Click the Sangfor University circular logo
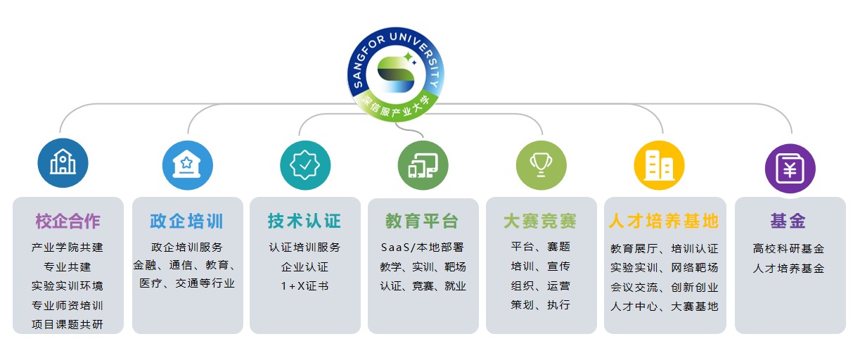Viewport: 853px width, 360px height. (396, 75)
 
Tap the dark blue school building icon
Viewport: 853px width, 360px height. (63, 162)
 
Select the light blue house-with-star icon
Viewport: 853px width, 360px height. (187, 165)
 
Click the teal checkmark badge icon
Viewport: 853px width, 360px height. (305, 165)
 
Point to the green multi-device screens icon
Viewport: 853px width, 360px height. (423, 165)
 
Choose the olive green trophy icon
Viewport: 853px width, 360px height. (541, 165)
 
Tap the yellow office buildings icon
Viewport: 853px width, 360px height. (659, 165)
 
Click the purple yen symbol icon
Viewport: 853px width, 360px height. (790, 168)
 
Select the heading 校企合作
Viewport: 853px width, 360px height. (68, 221)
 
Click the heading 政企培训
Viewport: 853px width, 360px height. (186, 221)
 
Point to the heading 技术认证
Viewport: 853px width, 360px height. (304, 221)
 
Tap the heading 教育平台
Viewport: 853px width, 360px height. (422, 221)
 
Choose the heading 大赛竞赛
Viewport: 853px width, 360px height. (540, 221)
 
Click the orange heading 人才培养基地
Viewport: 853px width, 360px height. (664, 221)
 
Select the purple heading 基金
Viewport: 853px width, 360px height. (788, 221)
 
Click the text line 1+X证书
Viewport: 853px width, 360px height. (304, 285)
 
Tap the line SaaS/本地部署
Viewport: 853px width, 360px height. (423, 247)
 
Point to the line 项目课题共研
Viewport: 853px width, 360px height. (68, 324)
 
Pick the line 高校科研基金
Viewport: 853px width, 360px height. (788, 249)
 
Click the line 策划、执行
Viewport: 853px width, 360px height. (540, 304)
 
